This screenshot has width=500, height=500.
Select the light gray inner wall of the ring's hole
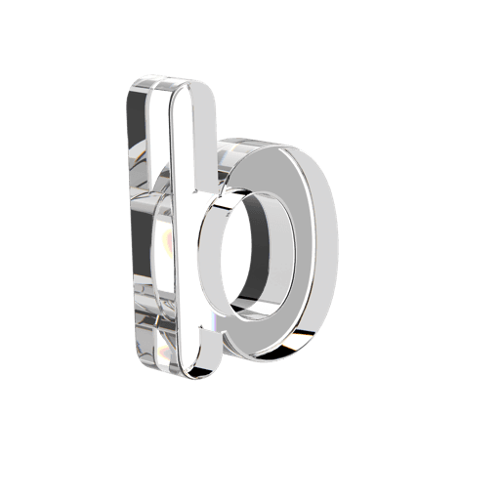pos(280,254)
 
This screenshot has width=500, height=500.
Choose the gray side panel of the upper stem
pos(206,137)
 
